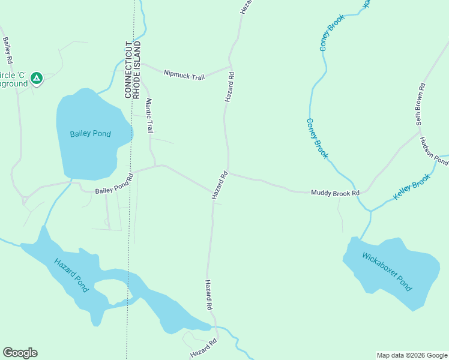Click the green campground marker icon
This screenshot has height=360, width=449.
point(37,78)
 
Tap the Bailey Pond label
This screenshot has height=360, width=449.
point(90,134)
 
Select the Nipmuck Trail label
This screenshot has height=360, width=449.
point(184,75)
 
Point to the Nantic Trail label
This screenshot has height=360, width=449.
point(149,116)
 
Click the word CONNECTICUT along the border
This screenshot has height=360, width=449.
point(128,70)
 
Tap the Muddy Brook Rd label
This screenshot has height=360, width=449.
point(335,193)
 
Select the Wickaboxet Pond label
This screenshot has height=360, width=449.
point(387,272)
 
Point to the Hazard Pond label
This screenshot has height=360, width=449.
point(71,275)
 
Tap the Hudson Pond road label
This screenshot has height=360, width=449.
point(434,152)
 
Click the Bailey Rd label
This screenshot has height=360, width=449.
point(8,52)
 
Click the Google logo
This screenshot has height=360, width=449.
point(20,353)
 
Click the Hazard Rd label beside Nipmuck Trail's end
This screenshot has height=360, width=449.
point(230,86)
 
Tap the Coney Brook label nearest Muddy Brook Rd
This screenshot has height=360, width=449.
point(318,138)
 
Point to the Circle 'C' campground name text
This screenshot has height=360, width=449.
point(14,79)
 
